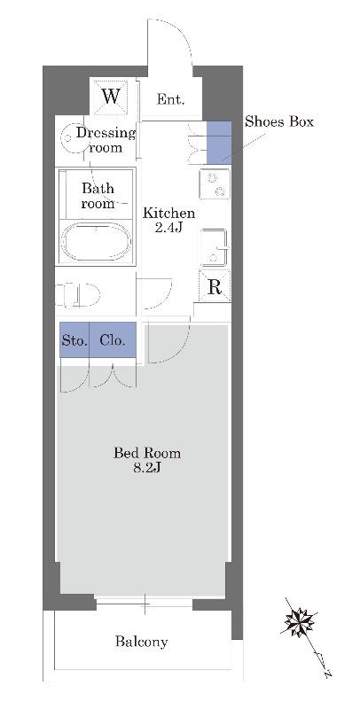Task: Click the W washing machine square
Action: tap(110, 97)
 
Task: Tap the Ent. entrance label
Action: tap(170, 99)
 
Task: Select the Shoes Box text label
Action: tap(279, 121)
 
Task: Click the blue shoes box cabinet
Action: tap(219, 143)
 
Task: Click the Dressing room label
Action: tap(106, 140)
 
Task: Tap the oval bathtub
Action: tap(96, 240)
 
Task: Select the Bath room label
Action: tap(98, 195)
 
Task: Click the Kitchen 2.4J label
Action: tap(169, 220)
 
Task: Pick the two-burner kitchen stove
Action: tap(215, 184)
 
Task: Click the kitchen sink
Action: tap(215, 247)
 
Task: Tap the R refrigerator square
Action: tap(215, 285)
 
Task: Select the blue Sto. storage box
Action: tap(74, 339)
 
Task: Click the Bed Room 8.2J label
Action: tap(147, 460)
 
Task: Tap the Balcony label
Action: tap(141, 641)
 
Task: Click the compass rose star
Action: tap(300, 622)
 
